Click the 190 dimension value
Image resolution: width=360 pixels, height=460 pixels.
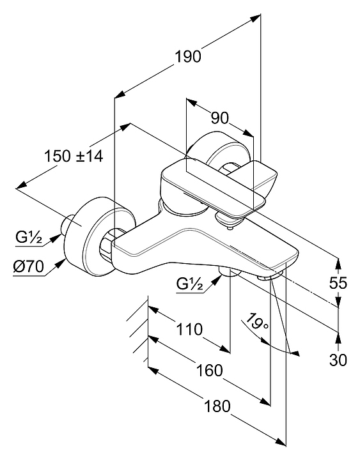[188, 56]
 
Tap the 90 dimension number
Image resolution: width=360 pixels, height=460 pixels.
[219, 118]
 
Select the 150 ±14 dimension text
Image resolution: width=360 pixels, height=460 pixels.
[74, 156]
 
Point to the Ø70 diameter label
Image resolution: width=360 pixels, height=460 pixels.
[28, 267]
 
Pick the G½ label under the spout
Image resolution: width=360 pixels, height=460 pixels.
[189, 284]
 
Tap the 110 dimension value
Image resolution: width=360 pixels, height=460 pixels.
[189, 329]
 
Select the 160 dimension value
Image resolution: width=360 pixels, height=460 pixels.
[209, 371]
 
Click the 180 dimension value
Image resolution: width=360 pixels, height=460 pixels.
[217, 406]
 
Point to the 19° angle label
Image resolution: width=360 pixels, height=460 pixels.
[257, 323]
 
